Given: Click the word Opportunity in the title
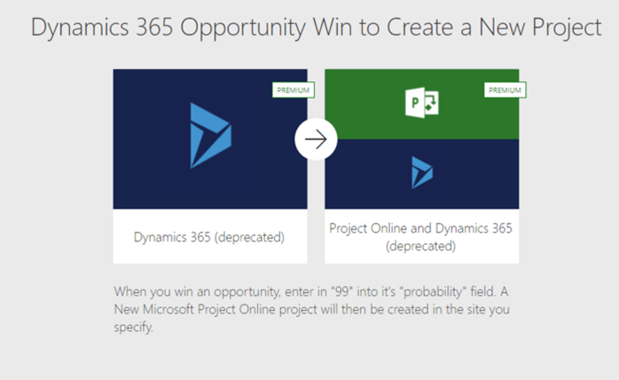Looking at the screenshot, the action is coord(243,28).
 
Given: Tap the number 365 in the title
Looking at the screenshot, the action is coord(154,28).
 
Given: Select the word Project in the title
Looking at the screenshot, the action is coord(567,28).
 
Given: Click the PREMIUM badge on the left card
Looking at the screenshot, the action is coord(294,91).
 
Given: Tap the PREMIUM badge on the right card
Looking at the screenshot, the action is coord(505,91).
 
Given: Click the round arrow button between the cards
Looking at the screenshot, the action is coord(316,139).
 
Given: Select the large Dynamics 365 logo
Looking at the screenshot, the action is coord(211,136).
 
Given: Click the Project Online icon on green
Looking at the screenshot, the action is coord(422,102).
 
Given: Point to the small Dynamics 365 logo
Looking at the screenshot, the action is coord(422,172).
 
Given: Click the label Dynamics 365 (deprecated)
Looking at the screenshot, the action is coord(208,237).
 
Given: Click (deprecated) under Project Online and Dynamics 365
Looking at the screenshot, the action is coord(421,246).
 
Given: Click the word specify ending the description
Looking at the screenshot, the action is coord(133,328).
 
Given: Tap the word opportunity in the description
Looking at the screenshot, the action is coord(247,292).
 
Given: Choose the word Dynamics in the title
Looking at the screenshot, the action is coord(80,28).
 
